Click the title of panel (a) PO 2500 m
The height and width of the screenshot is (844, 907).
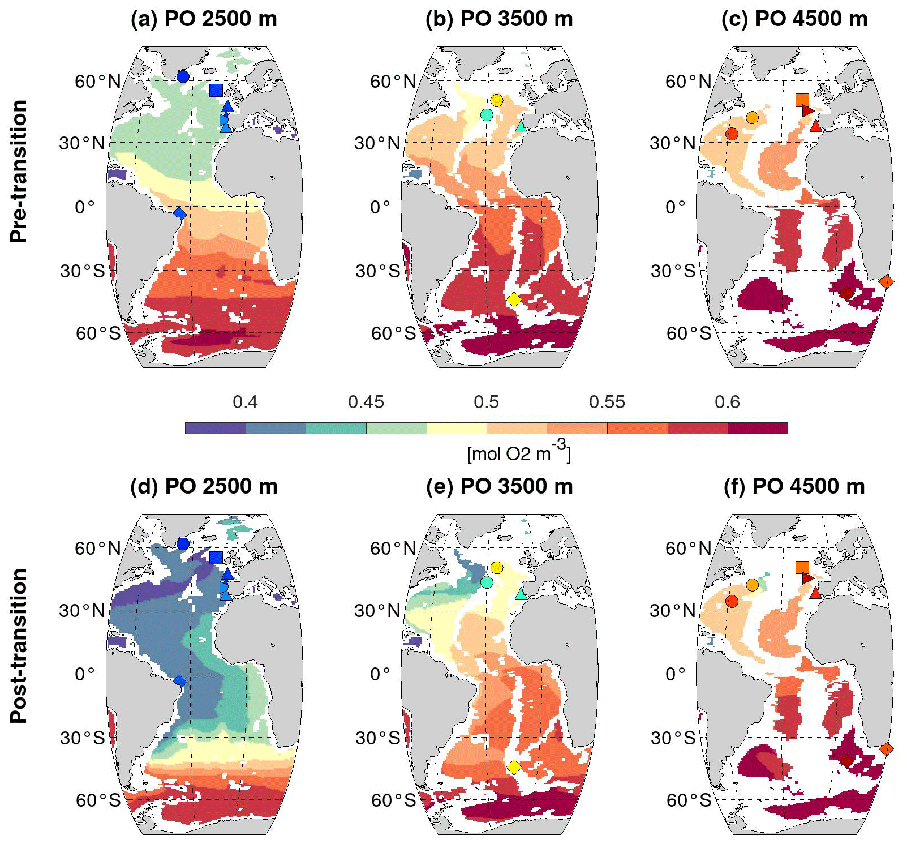coord(204,19)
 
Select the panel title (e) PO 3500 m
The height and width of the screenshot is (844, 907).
coord(499,486)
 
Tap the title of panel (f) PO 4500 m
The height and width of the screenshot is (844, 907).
coord(794,486)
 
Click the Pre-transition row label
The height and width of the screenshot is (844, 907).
coord(19,172)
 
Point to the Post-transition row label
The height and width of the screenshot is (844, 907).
coord(19,645)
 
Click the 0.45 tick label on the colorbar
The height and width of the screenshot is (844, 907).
coord(366,402)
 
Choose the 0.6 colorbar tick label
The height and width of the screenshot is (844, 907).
coord(727,402)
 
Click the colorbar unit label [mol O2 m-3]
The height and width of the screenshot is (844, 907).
coord(518,452)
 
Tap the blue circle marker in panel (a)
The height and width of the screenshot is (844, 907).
coord(183,76)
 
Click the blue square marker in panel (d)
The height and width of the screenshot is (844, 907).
coord(216,558)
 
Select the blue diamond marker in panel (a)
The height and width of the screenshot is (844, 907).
coord(180,213)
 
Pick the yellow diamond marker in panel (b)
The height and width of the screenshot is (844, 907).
coord(514,299)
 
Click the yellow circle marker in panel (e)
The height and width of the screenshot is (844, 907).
coord(497,568)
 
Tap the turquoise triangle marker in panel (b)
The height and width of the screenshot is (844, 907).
coord(521,127)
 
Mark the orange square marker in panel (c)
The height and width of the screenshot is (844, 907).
coord(802,100)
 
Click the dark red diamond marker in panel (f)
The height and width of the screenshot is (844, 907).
coord(846,761)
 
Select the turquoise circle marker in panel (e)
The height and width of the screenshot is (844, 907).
coord(487,582)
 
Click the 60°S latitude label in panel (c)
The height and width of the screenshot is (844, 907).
coord(689,333)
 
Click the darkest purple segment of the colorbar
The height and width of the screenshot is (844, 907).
coord(215,428)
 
